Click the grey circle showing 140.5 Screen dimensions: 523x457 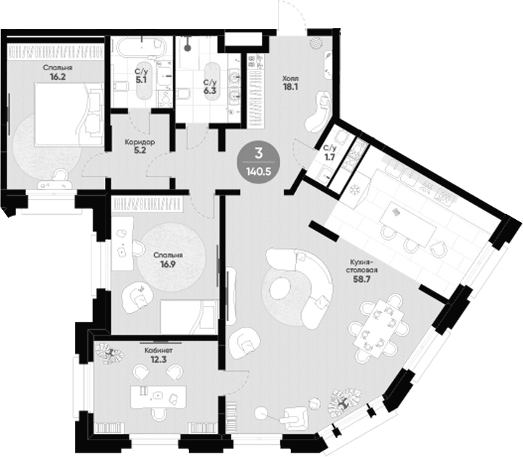tap(258, 162)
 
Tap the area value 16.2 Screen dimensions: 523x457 tap(57, 77)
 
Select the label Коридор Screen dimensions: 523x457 tap(140, 142)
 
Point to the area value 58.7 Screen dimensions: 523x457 tap(362, 279)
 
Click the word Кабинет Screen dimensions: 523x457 tap(158, 351)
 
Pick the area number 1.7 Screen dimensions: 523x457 tap(330, 158)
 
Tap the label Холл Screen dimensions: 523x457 tap(291, 79)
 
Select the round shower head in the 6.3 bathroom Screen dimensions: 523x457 tap(188, 48)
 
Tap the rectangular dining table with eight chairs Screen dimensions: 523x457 tap(378, 328)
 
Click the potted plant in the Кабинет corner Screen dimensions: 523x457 tap(110, 354)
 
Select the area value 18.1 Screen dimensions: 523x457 tap(290, 87)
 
